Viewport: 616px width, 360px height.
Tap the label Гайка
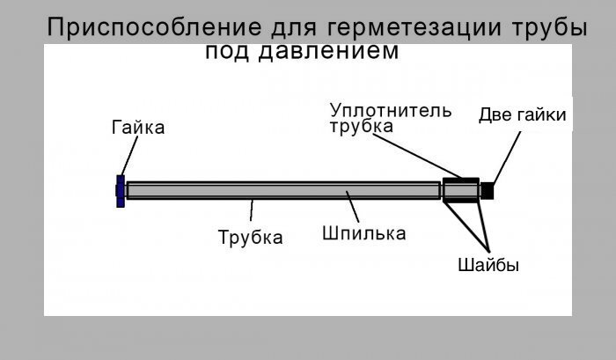(138, 129)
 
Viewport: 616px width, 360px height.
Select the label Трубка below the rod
(250, 238)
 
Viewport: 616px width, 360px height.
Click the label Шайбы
(488, 265)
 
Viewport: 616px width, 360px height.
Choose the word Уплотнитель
(391, 111)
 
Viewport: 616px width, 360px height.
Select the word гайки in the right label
(541, 115)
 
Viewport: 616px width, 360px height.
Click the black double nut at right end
(488, 190)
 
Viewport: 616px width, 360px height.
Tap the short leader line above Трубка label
(253, 212)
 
